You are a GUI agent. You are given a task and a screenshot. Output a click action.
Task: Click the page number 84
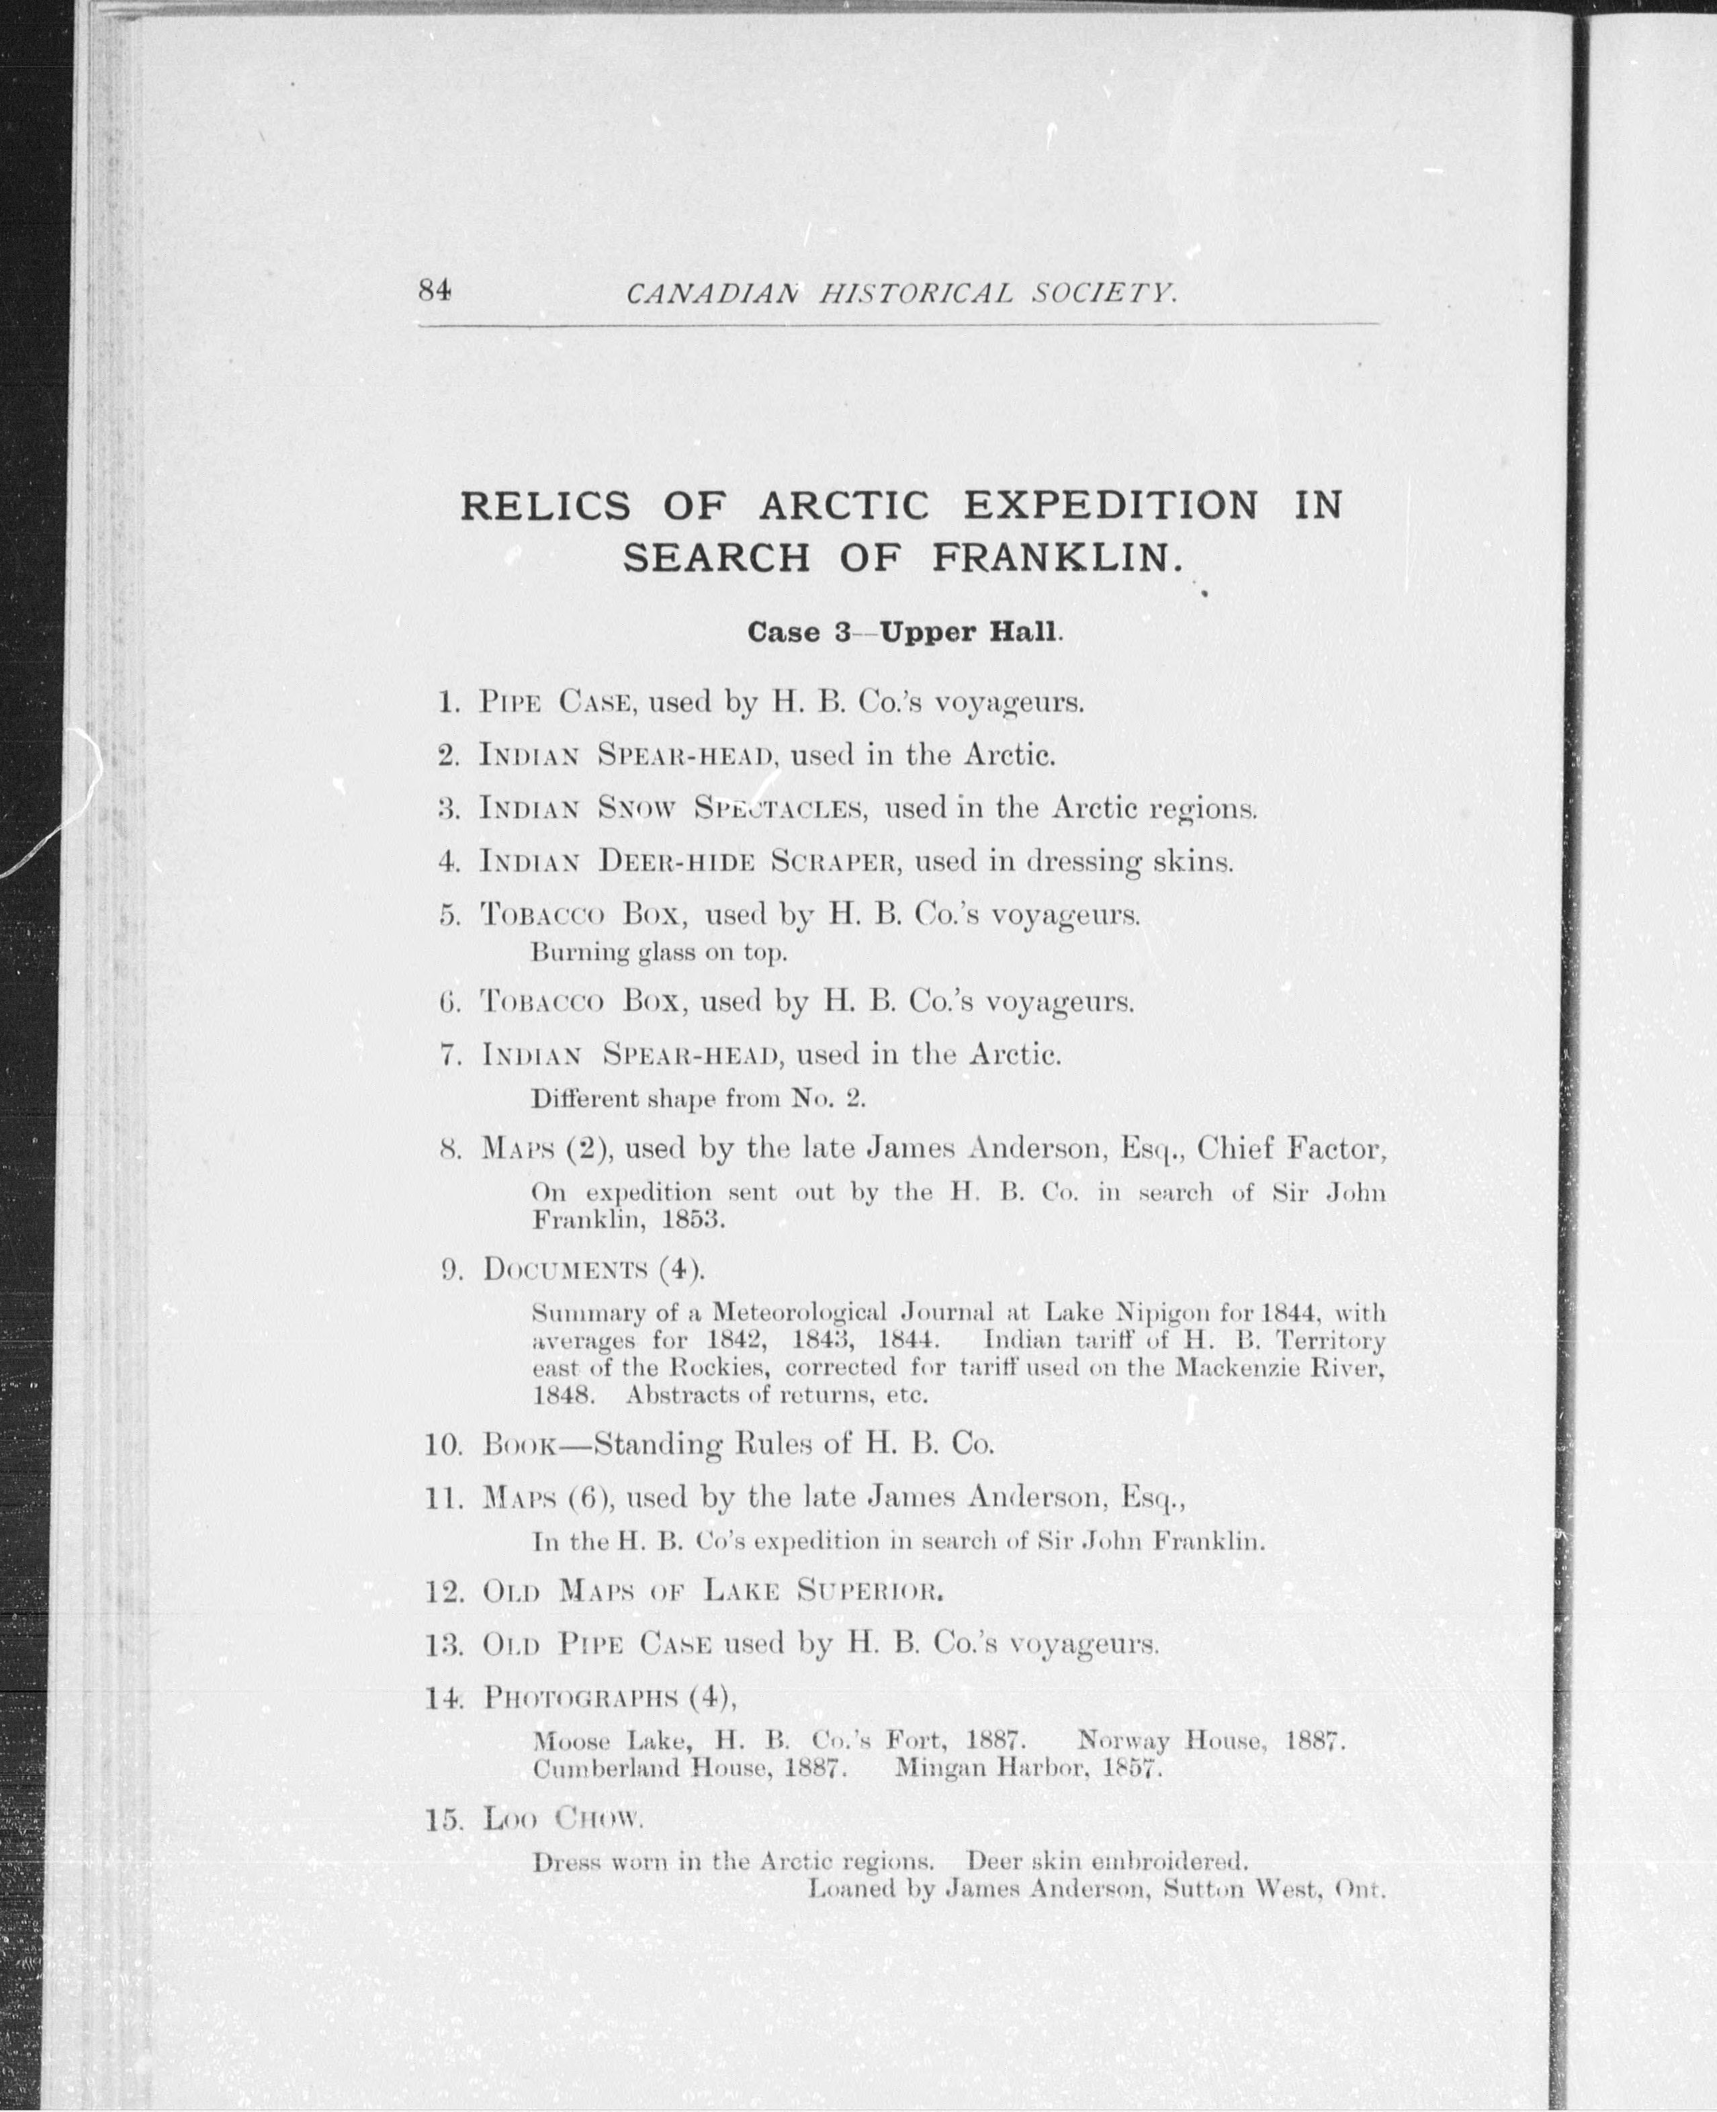pyautogui.click(x=434, y=291)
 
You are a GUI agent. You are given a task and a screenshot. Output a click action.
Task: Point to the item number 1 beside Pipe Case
pyautogui.click(x=447, y=703)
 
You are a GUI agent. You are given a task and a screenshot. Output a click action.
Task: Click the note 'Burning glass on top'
pyautogui.click(x=659, y=954)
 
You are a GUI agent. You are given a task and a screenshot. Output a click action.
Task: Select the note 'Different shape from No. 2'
pyautogui.click(x=698, y=1098)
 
